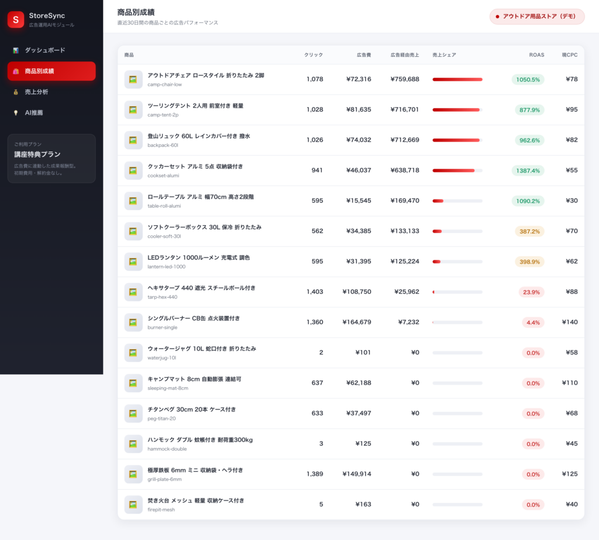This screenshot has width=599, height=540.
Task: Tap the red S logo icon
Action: (x=16, y=19)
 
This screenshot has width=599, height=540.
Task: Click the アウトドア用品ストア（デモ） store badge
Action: (x=537, y=16)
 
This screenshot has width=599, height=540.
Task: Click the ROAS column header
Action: (x=536, y=55)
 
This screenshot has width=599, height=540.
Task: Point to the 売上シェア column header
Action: (x=444, y=55)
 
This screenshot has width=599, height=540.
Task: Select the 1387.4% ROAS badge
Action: (x=528, y=170)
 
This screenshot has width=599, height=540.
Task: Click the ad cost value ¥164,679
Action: (x=357, y=322)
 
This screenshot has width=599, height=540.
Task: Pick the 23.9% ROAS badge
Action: (x=531, y=292)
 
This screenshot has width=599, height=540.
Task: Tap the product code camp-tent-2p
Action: (x=163, y=115)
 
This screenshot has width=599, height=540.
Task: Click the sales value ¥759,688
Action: (x=405, y=79)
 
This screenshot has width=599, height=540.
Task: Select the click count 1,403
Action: (x=314, y=291)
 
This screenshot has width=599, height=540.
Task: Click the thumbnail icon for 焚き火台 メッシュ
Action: (x=133, y=504)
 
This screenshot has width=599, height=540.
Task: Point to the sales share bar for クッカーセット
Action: (x=457, y=170)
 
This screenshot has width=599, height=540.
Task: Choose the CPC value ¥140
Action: (x=570, y=322)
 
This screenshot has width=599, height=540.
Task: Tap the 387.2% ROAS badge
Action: (x=529, y=231)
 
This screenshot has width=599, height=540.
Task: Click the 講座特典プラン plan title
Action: (x=37, y=154)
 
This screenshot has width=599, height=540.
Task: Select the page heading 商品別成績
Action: (x=136, y=12)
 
